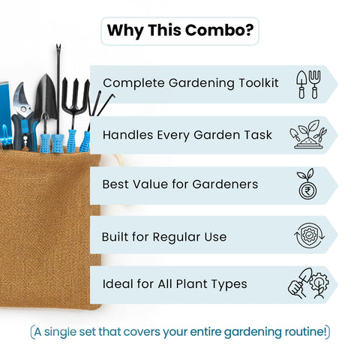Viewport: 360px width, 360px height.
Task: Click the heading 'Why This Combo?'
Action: point(179,31)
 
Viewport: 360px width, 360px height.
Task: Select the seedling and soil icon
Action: point(307,134)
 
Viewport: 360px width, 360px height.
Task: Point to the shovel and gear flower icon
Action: point(307,285)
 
